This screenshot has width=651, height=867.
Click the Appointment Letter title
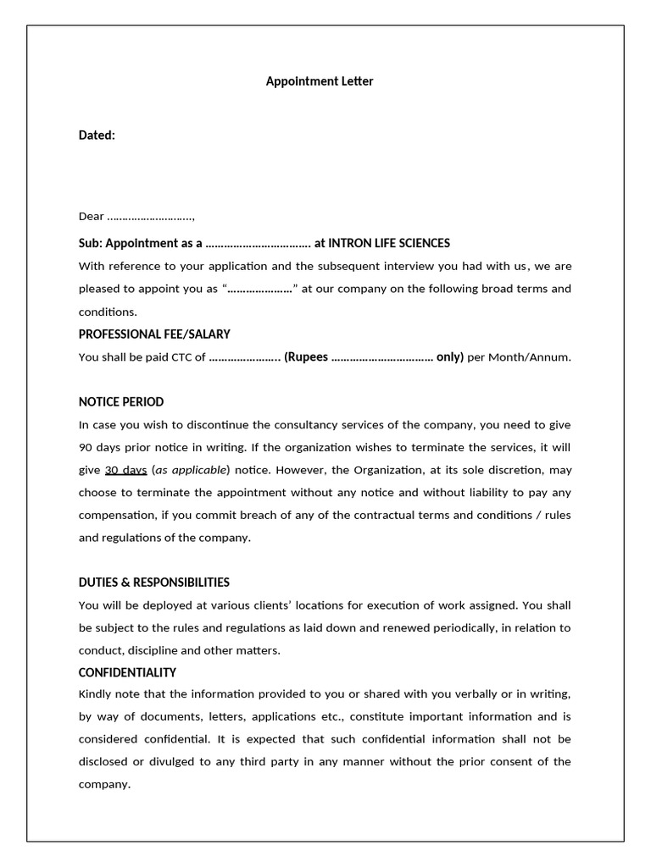point(320,81)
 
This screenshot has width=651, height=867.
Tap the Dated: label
point(97,135)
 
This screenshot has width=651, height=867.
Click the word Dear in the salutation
point(92,216)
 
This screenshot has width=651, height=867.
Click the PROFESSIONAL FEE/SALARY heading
point(154,334)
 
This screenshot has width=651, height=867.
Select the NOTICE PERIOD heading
point(121,401)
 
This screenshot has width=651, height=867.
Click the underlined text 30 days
point(126,469)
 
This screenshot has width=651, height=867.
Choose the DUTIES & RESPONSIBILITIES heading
point(154,582)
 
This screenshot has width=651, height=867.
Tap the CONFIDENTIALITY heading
point(127,672)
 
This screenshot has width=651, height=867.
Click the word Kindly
point(95,694)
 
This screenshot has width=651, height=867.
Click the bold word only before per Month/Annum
point(449,356)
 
